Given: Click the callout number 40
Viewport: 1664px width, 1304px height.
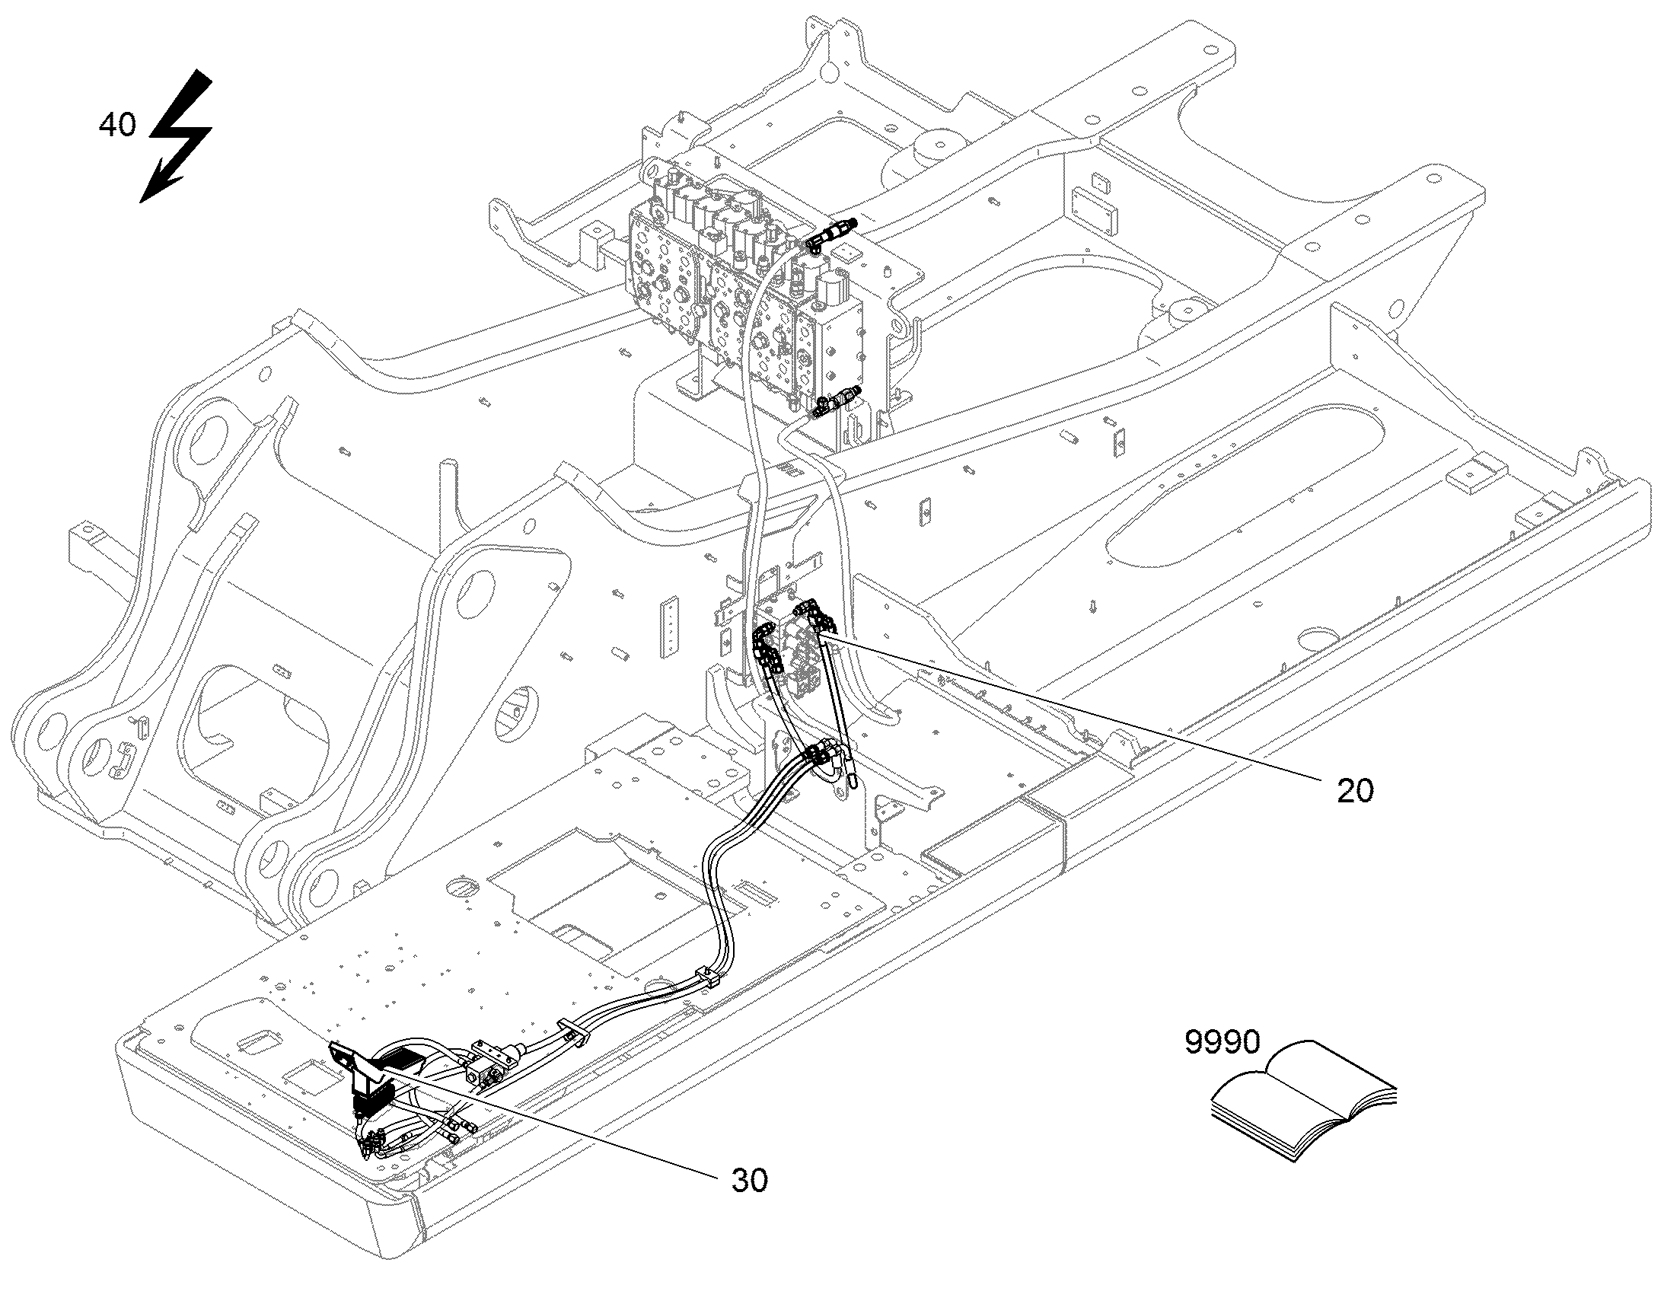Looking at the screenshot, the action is tap(117, 124).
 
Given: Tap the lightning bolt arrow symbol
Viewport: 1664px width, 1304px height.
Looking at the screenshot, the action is tap(176, 136).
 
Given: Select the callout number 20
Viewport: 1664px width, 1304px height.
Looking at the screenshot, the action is tap(1355, 791).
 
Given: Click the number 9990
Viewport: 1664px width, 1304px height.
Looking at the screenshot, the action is tap(1222, 1042).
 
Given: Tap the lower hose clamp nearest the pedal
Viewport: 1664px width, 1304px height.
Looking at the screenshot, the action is tap(575, 1030).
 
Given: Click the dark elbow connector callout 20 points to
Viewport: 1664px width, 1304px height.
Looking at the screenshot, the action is tap(814, 617).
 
